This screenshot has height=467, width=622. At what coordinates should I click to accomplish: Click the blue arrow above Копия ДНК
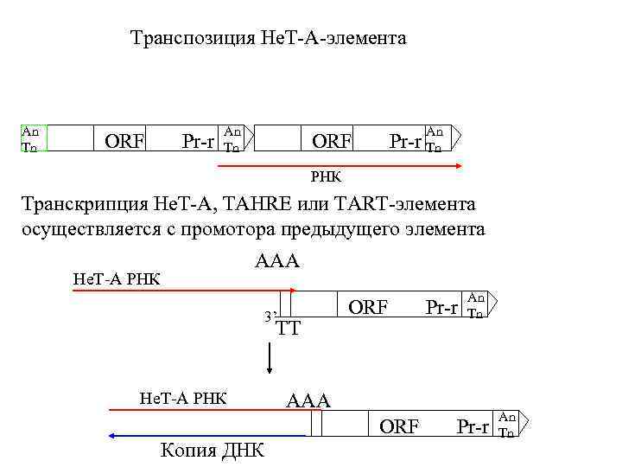(x=207, y=437)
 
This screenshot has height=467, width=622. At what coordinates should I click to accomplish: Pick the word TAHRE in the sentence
(x=263, y=205)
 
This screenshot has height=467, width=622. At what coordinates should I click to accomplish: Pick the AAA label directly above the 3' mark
(x=276, y=261)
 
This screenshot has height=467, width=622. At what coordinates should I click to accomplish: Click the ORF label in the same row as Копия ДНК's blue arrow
(x=399, y=426)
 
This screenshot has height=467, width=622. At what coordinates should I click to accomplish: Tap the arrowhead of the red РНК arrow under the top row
(x=459, y=165)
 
